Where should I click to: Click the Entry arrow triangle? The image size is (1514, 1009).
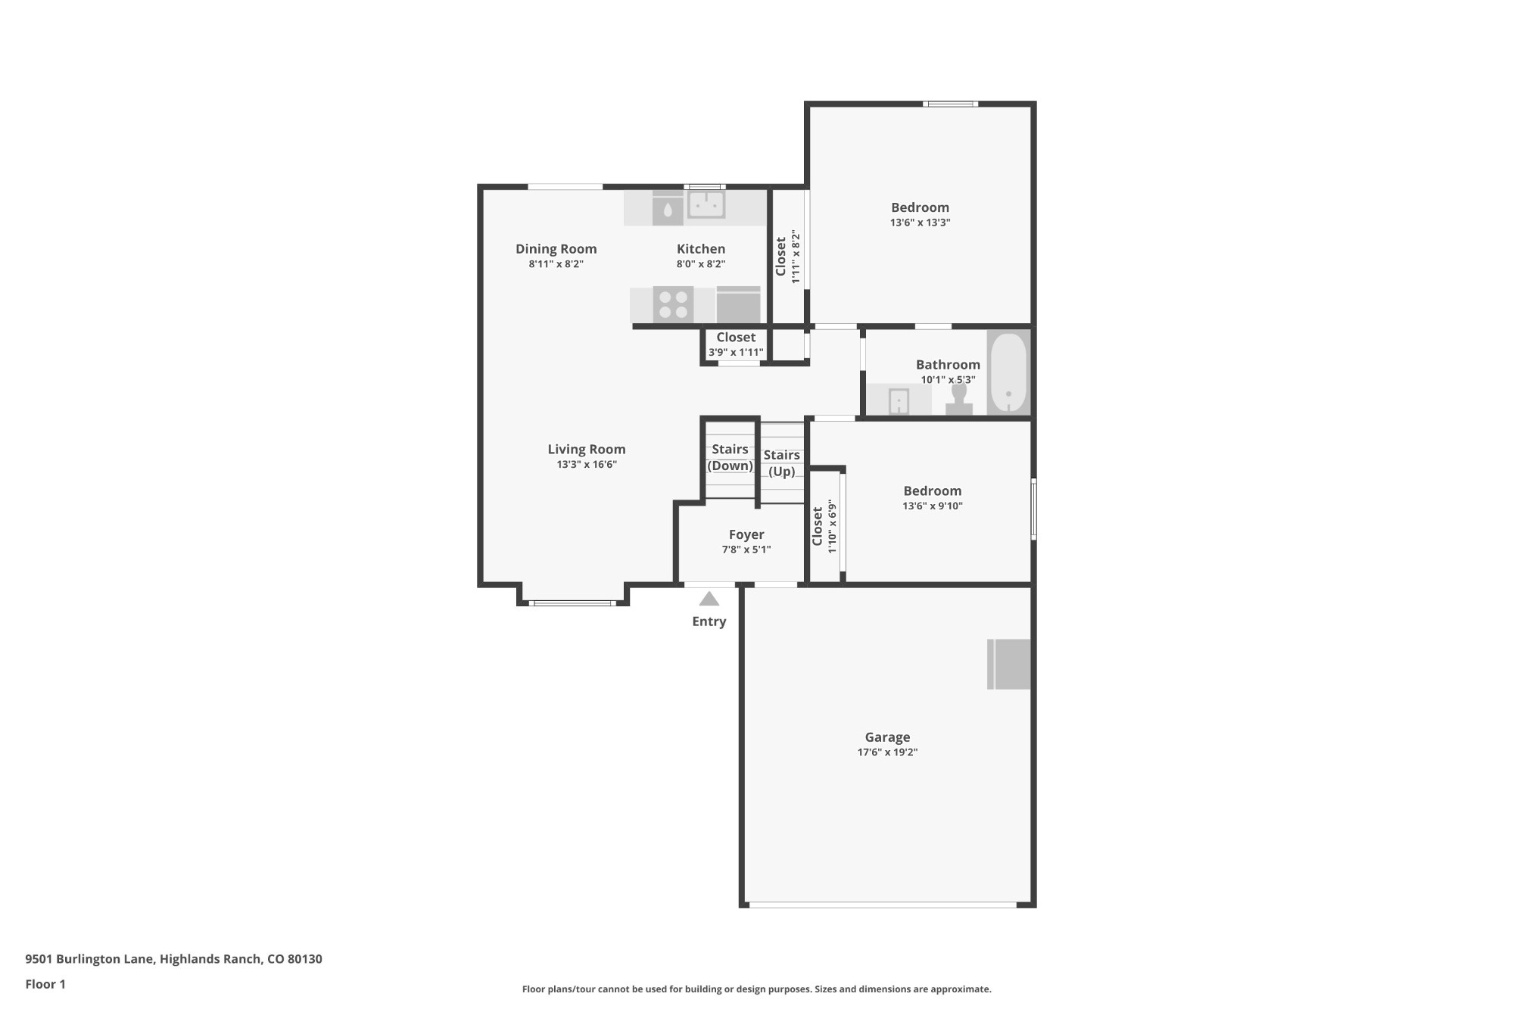point(709,599)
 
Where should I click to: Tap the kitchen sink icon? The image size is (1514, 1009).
point(706,205)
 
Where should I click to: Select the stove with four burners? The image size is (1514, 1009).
point(673,304)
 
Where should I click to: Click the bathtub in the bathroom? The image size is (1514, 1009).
point(1008,372)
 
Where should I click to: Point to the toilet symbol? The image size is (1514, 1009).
point(958,399)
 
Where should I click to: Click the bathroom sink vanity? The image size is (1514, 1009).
point(899,400)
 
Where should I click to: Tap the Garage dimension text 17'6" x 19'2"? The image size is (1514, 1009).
point(887,752)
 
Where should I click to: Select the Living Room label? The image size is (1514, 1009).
point(586,449)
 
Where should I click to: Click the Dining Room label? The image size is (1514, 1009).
point(556,248)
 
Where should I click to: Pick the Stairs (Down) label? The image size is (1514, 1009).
point(730,457)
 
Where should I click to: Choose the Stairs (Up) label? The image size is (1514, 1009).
point(781,462)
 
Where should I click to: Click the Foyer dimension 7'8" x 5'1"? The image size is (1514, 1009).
point(746,550)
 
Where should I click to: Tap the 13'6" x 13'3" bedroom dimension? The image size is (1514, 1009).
point(920,223)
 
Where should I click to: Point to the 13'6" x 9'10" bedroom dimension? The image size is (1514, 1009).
point(932,506)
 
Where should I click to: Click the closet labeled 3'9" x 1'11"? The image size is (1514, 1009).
point(736,344)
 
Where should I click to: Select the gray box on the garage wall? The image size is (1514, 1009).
point(1009,664)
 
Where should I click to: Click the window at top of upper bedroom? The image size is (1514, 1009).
point(950,104)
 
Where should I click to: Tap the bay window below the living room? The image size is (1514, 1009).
point(572,603)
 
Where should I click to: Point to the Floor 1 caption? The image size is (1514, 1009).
point(45,984)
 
